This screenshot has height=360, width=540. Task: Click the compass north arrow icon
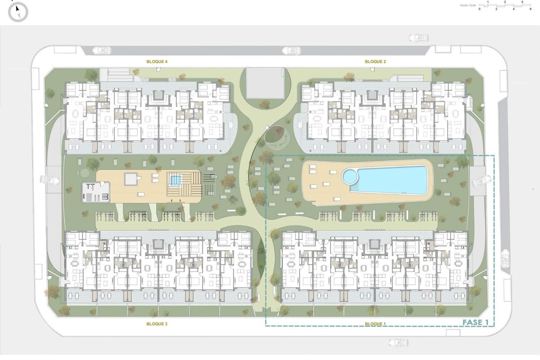(18, 12)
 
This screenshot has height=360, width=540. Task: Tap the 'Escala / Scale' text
(468, 5)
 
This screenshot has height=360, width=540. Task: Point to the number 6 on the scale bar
(531, 9)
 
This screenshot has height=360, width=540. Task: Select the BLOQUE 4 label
(157, 61)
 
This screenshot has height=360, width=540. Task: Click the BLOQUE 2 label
(375, 61)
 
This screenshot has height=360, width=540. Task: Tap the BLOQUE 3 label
(157, 324)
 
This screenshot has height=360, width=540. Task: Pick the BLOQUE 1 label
(375, 324)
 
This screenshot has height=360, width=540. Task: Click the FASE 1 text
(475, 323)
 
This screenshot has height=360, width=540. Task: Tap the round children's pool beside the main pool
(350, 176)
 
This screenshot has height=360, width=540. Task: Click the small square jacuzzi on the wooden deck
(174, 180)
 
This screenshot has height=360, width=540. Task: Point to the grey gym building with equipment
(96, 192)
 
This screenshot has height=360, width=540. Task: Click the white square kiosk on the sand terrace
(131, 179)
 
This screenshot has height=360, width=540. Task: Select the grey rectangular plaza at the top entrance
(265, 83)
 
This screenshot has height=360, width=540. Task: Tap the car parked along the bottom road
(398, 342)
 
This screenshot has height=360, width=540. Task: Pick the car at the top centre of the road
(291, 51)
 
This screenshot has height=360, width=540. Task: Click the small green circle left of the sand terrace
(84, 173)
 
